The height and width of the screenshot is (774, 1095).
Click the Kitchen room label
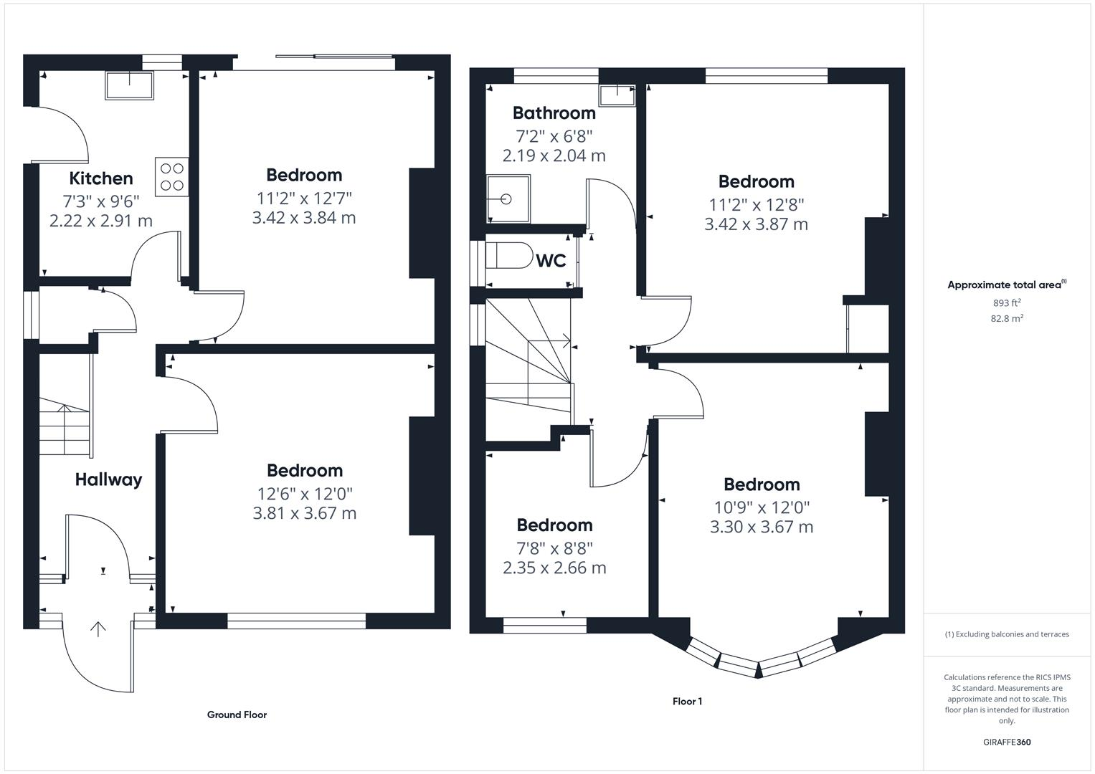coord(101,178)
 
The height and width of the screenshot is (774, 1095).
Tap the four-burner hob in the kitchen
coord(171,177)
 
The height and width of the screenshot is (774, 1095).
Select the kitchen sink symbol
coord(129,85)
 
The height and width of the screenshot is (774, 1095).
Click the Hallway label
coord(108,479)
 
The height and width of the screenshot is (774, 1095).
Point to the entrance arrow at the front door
coord(98,629)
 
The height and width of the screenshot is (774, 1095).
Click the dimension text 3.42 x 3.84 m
coord(304,218)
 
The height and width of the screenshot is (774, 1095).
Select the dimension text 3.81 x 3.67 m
coord(305,513)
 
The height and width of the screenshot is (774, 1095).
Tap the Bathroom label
coord(554,113)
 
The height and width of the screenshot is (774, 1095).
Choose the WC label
coord(551,261)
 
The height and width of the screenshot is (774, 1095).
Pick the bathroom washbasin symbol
coord(617,95)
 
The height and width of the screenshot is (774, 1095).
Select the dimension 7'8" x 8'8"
coord(554,548)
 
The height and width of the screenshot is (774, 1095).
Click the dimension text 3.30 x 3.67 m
coord(762,527)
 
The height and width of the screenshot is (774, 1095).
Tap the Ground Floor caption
coord(237,715)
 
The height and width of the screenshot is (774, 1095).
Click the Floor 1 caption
coord(687,701)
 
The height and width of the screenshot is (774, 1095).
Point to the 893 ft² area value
coord(1007,302)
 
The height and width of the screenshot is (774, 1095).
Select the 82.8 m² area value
coord(1007,318)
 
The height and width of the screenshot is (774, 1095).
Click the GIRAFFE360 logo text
coord(1007,742)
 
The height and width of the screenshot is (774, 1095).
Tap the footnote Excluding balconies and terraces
coord(1007,634)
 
